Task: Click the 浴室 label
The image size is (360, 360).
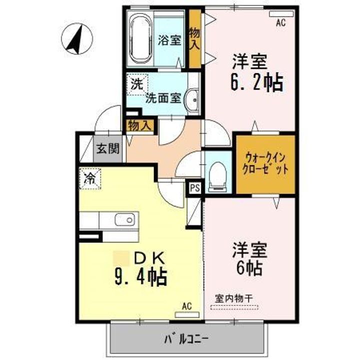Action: [169, 40]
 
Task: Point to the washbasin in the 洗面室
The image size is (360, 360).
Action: [192, 99]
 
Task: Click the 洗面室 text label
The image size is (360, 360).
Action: [162, 98]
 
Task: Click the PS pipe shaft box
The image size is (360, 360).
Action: [195, 188]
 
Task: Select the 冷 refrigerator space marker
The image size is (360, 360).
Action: [90, 178]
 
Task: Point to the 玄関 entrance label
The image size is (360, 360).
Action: [107, 148]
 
